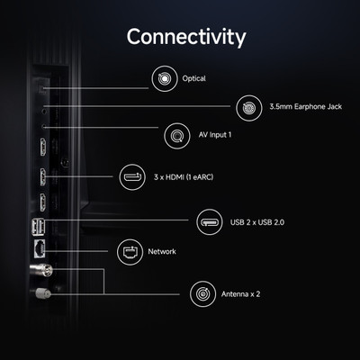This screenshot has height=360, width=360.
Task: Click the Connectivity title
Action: pyautogui.click(x=186, y=37)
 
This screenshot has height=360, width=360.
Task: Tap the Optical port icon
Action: pyautogui.click(x=165, y=78)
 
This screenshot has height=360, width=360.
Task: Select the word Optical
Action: pyautogui.click(x=193, y=78)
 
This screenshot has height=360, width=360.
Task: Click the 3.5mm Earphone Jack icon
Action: pyautogui.click(x=249, y=108)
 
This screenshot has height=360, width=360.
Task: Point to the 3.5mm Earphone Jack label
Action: pyautogui.click(x=305, y=107)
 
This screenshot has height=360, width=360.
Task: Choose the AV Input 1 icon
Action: pyautogui.click(x=177, y=136)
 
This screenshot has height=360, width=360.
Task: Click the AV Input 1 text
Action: pyautogui.click(x=215, y=135)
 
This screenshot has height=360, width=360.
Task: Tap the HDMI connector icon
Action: pyautogui.click(x=132, y=177)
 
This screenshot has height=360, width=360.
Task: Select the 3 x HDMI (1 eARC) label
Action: pyautogui.click(x=184, y=177)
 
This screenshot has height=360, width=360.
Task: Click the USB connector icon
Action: pyautogui.click(x=210, y=222)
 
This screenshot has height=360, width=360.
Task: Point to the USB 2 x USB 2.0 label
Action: pyautogui.click(x=257, y=222)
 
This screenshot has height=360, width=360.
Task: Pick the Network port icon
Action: pyautogui.click(x=130, y=252)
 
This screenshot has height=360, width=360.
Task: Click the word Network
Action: pyautogui.click(x=162, y=251)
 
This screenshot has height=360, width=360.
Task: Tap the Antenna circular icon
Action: pyautogui.click(x=202, y=294)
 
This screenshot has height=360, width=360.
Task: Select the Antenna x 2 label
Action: pyautogui.click(x=240, y=294)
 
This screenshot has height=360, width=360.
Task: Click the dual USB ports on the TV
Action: pyautogui.click(x=38, y=227)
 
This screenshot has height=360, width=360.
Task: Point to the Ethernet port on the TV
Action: pyautogui.click(x=40, y=248)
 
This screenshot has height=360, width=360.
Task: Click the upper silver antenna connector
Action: pyautogui.click(x=41, y=270)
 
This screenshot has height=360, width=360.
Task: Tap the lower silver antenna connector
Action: pyautogui.click(x=43, y=293)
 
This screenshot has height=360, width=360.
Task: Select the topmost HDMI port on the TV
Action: pyautogui.click(x=43, y=147)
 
